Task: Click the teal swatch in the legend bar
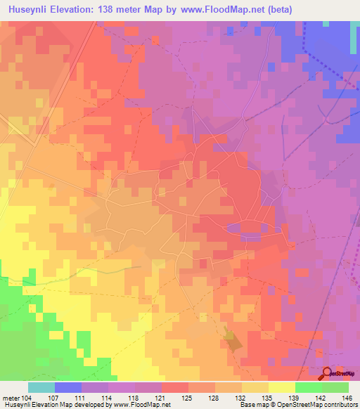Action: [41, 387]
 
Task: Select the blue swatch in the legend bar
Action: [67, 387]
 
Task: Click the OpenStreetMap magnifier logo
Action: [328, 373]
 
